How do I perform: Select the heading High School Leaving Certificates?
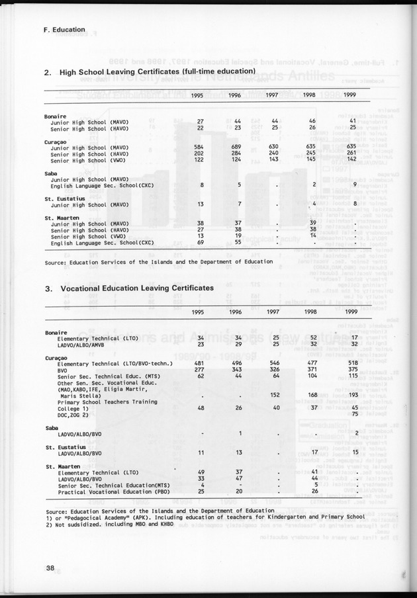(157, 71)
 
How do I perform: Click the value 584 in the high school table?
(196, 146)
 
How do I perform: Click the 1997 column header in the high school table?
(271, 97)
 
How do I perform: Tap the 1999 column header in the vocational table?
(351, 313)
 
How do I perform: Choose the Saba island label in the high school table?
(52, 173)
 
